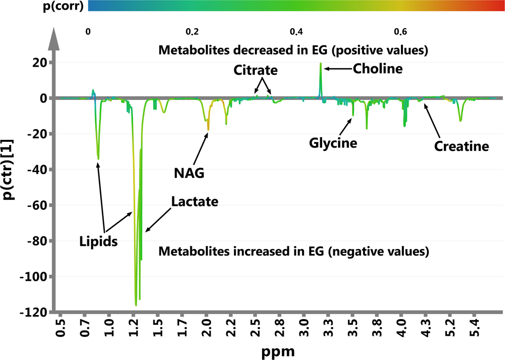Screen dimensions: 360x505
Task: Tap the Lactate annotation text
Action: click(194, 202)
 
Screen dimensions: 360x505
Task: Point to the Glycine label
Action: click(333, 143)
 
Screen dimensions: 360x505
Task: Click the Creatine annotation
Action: click(462, 147)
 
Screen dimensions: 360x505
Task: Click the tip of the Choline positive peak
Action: click(321, 64)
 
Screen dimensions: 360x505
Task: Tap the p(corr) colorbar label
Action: click(42, 6)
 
